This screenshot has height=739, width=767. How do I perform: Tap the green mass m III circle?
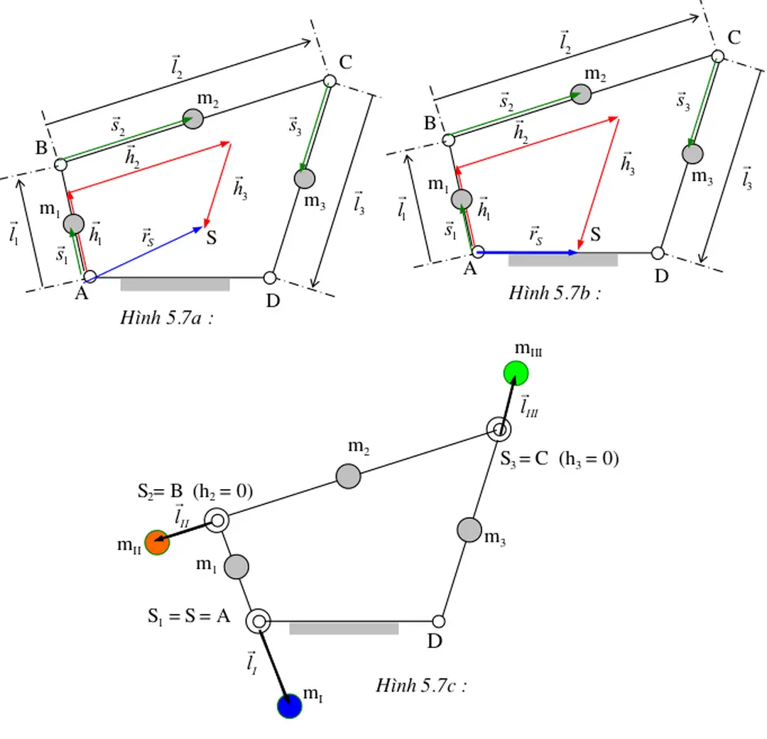516,373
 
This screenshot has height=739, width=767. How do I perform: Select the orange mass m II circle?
157,543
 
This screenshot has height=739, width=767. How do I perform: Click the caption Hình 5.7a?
167,319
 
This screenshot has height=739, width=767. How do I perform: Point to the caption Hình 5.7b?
555,293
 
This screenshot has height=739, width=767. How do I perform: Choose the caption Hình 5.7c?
420,685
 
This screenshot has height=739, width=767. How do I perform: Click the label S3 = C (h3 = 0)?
559,459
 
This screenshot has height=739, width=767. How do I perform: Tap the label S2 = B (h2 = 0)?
195,491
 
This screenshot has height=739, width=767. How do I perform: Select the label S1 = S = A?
189,616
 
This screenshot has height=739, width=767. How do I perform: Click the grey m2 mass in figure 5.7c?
348,476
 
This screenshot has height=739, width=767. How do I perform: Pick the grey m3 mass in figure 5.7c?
469,530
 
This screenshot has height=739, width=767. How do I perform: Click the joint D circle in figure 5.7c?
439,622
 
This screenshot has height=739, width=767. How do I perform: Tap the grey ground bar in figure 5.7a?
175,285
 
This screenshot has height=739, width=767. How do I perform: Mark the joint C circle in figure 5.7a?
330,81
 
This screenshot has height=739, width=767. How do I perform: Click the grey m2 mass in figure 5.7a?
192,119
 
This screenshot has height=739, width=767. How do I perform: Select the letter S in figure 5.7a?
212,239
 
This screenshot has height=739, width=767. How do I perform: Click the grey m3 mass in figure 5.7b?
692,153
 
